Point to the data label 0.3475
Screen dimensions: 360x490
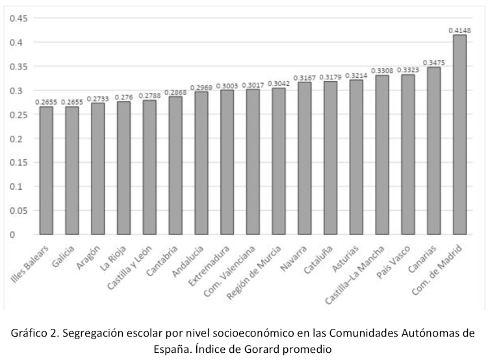tap(433, 62)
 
